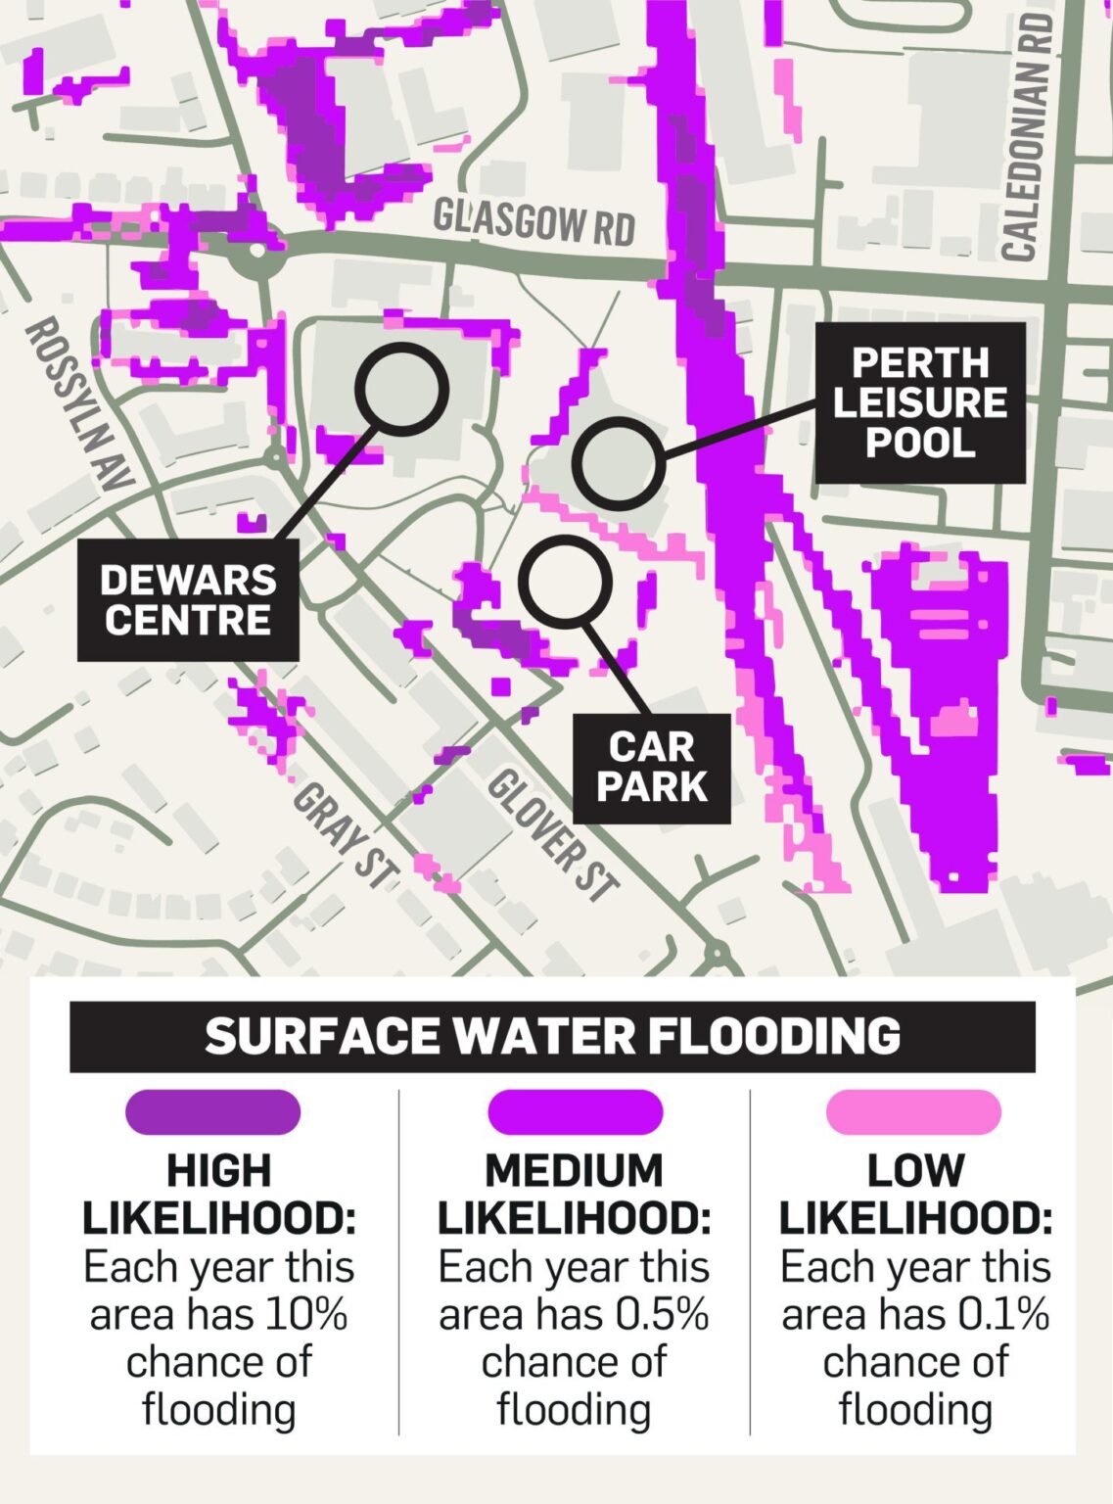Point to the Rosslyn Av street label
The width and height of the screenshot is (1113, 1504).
77,403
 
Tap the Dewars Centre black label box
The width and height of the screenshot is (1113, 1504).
188,600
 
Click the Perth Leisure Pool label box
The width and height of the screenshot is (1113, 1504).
920,402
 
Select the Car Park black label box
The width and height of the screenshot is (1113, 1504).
652,768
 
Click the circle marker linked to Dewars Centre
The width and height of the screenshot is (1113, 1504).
401,390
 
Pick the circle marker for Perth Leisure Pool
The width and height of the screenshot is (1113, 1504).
619,463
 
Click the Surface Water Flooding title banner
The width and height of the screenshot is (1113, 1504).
552,1036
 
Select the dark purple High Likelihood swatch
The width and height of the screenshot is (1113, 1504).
212,1112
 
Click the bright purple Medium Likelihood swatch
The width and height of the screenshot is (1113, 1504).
575,1112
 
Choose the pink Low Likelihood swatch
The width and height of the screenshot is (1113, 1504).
913,1112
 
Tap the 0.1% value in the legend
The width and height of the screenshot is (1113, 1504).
1003,1314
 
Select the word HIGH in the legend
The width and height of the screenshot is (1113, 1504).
218,1171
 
